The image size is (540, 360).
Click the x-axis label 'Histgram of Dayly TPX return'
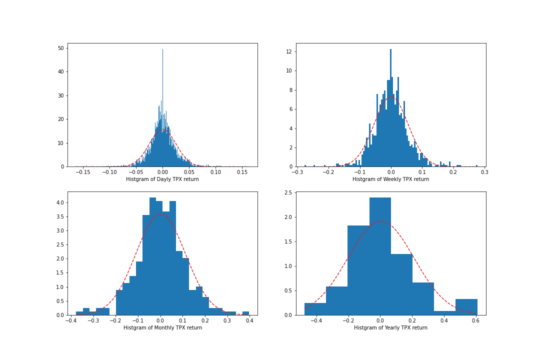(162, 179)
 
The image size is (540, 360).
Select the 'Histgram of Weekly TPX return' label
(390, 179)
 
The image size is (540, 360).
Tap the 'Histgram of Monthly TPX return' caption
(162, 328)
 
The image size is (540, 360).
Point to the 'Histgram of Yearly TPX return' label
(390, 328)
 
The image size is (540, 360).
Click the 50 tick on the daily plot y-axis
(61, 48)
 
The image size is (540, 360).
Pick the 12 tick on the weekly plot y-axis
(289, 51)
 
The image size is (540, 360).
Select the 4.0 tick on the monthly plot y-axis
(59, 202)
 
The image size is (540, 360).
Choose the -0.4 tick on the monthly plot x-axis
(70, 320)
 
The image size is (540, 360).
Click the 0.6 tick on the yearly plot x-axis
(475, 320)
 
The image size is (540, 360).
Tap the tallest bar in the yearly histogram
(380, 250)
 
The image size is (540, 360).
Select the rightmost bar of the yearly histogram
(466, 307)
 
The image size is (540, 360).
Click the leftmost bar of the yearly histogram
(315, 309)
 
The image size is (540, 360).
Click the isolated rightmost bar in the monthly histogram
(245, 313)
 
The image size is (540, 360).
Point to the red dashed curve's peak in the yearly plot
(381, 221)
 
